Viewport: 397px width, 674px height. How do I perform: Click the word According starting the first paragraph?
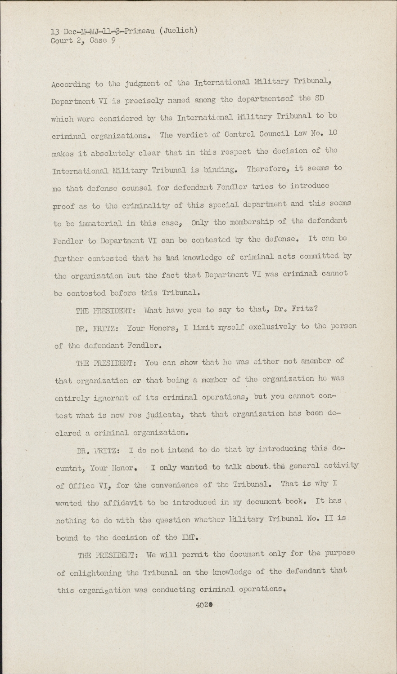[71, 84]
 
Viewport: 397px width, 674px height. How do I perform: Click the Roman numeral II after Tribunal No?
[328, 519]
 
